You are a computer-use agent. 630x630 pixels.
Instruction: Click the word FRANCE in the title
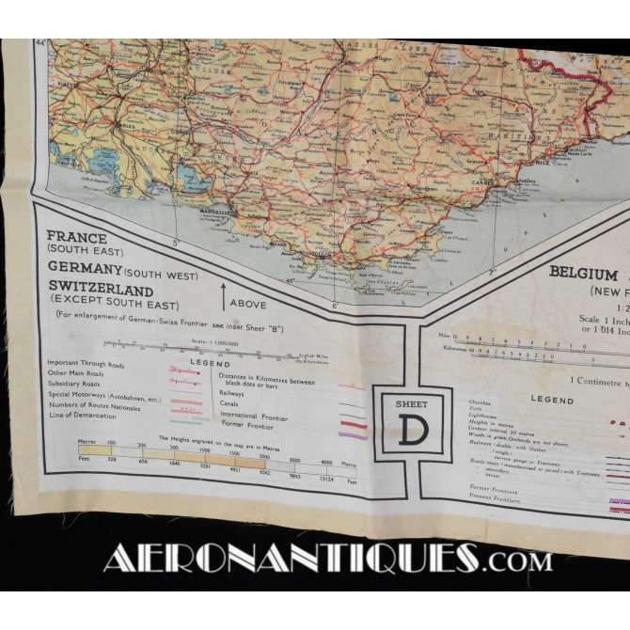pyautogui.click(x=75, y=238)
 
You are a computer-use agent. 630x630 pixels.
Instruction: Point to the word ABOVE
pyautogui.click(x=248, y=304)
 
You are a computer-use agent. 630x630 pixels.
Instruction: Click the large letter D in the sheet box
pyautogui.click(x=412, y=429)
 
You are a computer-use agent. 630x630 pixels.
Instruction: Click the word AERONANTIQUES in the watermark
pyautogui.click(x=291, y=558)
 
